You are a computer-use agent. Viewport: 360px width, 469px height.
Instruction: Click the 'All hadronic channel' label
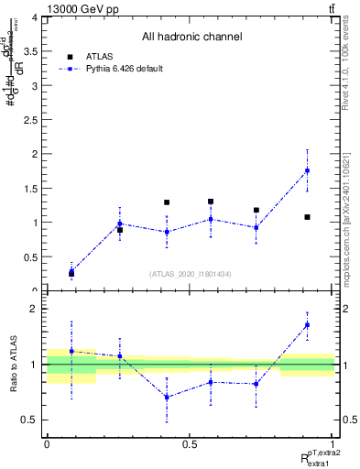click(191, 38)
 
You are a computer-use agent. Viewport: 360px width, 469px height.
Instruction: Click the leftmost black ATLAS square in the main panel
click(71, 274)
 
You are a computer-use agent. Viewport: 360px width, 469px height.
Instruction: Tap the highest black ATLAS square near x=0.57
click(211, 202)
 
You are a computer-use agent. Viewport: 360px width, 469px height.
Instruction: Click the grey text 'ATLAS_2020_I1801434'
click(191, 274)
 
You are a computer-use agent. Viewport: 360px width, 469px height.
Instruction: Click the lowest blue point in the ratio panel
click(167, 397)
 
